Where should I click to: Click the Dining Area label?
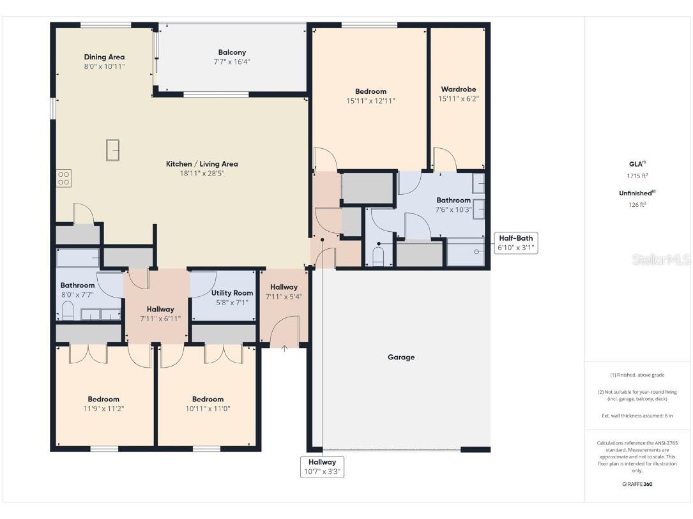coord(104,57)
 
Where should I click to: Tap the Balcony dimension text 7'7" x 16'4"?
coord(232,62)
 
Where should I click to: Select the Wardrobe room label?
coord(458,89)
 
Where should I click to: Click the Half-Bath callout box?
coord(516,243)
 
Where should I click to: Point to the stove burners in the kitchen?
coord(63,177)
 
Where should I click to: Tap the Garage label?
coord(400,357)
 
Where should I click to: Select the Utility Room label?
coord(232,293)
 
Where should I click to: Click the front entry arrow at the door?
coord(284,348)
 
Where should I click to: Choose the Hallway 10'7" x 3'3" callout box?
coord(322,467)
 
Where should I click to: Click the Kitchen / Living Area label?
coord(202,164)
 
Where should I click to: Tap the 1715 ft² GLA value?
coord(633,176)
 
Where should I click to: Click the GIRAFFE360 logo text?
coord(637,484)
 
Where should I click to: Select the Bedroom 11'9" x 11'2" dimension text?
coord(103,409)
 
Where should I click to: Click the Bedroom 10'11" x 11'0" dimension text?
coord(208,409)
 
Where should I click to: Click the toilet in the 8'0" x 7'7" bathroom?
coord(68,312)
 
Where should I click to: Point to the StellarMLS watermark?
coord(661,259)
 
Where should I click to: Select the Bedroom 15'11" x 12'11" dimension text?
coord(370,101)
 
